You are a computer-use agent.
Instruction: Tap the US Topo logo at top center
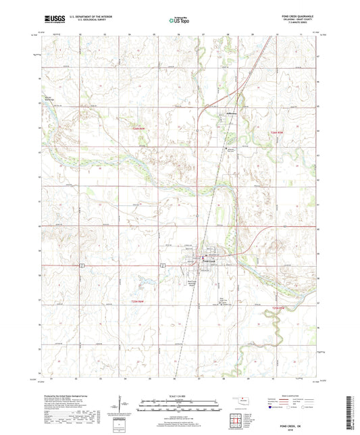coord(180,21)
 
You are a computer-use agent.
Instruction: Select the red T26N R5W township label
coord(278,132)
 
